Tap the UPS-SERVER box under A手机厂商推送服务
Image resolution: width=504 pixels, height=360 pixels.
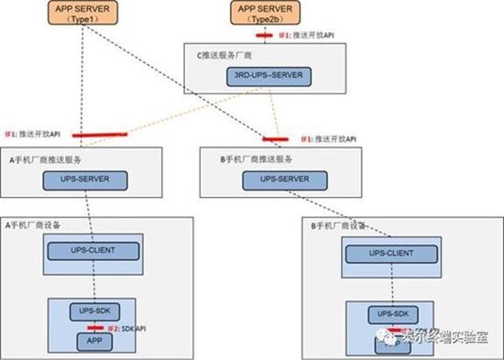(94, 179)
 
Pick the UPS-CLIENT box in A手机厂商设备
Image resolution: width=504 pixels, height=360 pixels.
(93, 250)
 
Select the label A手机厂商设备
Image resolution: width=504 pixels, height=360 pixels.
(37, 224)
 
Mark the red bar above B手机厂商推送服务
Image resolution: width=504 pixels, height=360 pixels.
(273, 139)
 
